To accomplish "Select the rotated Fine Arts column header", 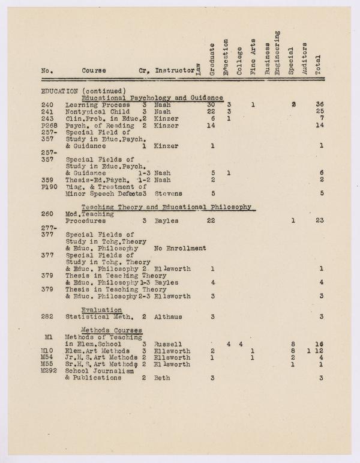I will click(x=253, y=58).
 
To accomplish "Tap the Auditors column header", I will click(x=305, y=58).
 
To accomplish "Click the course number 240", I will click(x=47, y=104).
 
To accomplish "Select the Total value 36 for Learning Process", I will click(x=319, y=104).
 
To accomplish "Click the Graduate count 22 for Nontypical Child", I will click(x=211, y=112).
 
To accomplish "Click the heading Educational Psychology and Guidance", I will click(x=152, y=97).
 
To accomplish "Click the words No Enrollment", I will click(x=180, y=248).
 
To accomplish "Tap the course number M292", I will click(x=48, y=371).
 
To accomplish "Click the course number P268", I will click(x=48, y=126).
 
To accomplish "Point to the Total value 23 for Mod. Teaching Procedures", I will click(x=319, y=221).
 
